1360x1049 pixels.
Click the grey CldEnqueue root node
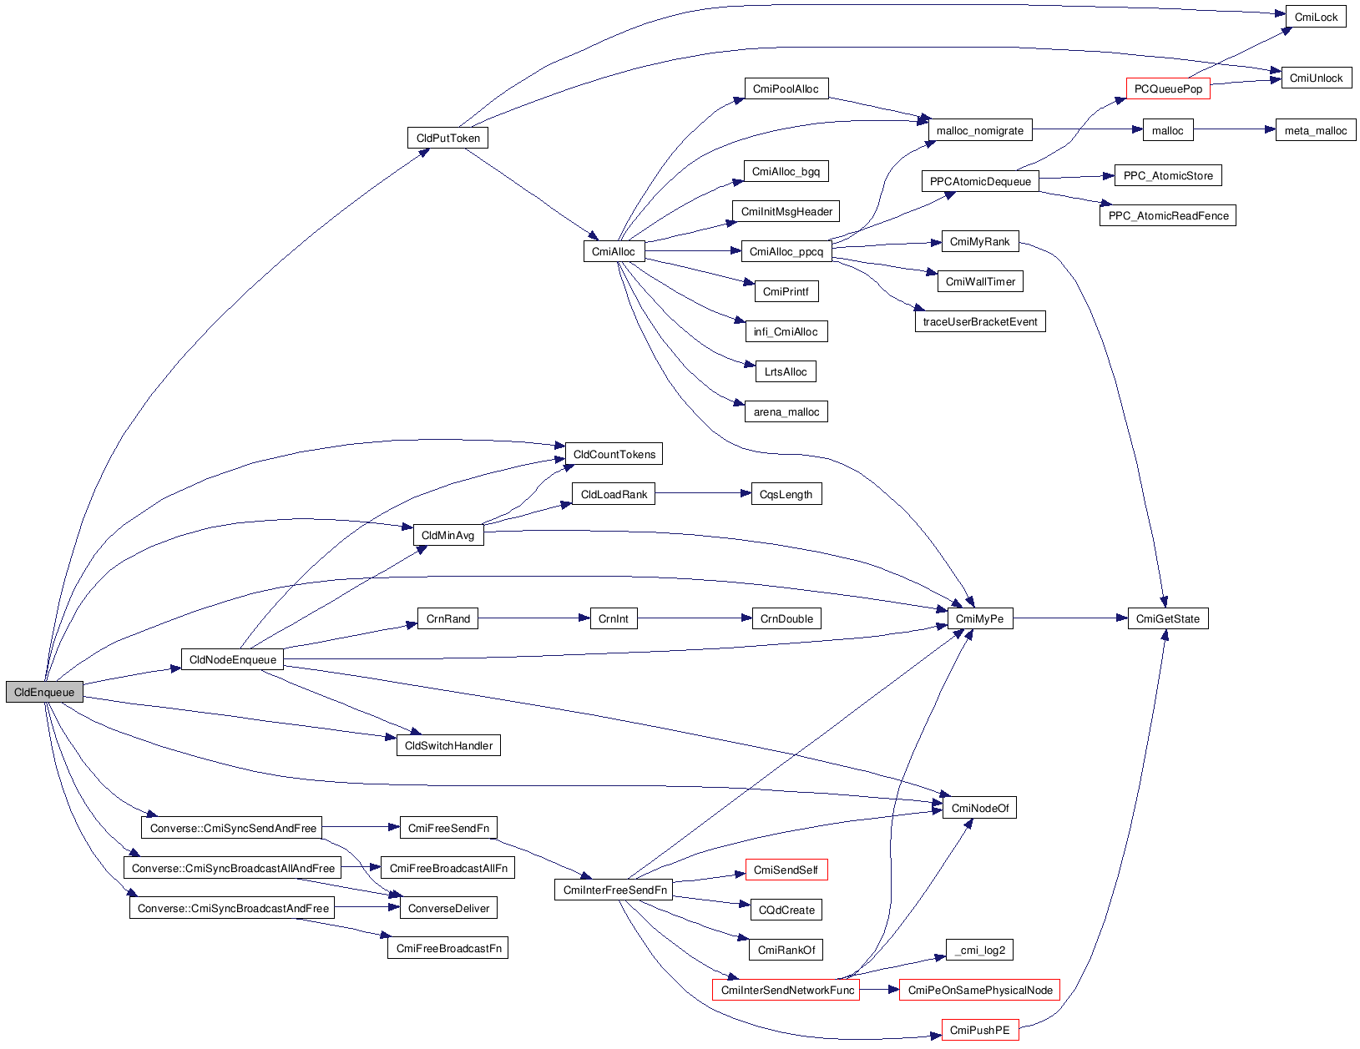tap(44, 692)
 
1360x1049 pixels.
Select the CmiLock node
tap(1316, 17)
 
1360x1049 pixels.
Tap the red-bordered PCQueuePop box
tap(1167, 89)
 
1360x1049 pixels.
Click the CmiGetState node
tap(1167, 618)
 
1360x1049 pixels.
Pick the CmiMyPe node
tap(979, 618)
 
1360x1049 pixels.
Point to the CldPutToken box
tap(447, 138)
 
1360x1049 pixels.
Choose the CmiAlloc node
tap(613, 251)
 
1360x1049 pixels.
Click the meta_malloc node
tap(1315, 130)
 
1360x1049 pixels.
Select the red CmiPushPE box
tap(979, 1030)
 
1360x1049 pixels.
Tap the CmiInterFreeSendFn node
tap(614, 890)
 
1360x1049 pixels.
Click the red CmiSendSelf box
tap(785, 870)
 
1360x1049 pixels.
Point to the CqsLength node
tap(785, 494)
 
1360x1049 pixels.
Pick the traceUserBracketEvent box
tap(979, 321)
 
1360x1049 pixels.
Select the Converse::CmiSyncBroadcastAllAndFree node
tap(233, 868)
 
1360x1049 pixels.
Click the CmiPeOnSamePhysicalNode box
tap(979, 990)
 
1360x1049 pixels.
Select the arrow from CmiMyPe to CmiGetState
tap(1069, 618)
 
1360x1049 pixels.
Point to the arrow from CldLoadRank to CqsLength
tap(702, 493)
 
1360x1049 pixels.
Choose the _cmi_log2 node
tap(979, 950)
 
